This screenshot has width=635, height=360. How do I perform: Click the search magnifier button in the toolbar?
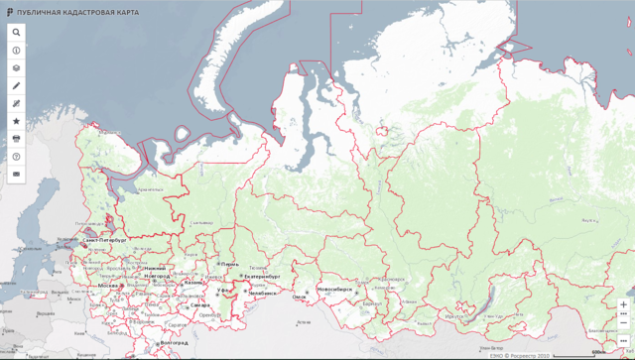(16, 32)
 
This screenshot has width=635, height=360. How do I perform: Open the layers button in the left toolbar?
(16, 67)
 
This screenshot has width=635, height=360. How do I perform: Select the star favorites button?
(16, 120)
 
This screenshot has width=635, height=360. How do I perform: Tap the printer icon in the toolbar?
(16, 138)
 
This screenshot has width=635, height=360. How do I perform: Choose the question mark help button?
(16, 156)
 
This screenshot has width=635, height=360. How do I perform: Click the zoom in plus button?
(623, 304)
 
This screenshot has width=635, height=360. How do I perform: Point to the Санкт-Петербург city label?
(103, 240)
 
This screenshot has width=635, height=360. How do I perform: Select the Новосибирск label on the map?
(334, 290)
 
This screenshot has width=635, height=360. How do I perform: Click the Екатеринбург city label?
(263, 277)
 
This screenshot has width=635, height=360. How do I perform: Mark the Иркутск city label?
(457, 316)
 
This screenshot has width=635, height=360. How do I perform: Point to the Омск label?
(299, 296)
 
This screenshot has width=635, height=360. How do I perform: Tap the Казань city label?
(193, 282)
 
